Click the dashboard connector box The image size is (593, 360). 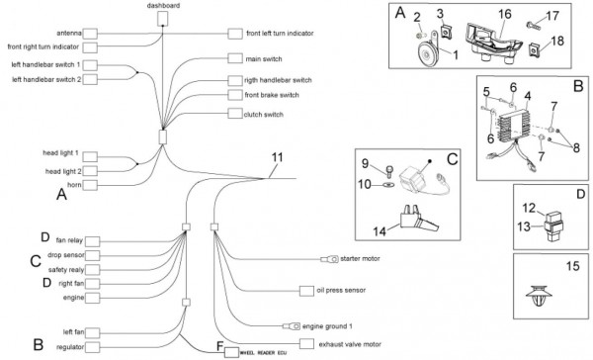163,19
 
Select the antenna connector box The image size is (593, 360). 90,34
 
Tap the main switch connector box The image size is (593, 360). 235,58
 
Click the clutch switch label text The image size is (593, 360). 264,115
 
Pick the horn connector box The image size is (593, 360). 90,185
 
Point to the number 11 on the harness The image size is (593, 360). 277,157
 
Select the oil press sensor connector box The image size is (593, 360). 306,291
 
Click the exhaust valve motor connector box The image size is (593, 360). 306,344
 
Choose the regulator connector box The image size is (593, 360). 93,347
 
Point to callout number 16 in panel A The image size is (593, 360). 504,14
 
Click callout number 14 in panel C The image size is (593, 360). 380,230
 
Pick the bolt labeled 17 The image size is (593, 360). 534,26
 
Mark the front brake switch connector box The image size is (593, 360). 235,95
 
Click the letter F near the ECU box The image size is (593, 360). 220,346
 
